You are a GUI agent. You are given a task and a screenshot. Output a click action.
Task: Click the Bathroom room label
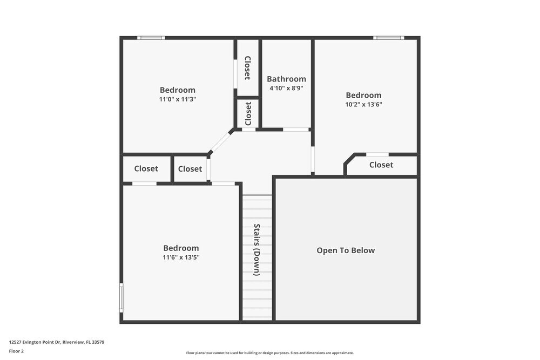pyautogui.click(x=286, y=79)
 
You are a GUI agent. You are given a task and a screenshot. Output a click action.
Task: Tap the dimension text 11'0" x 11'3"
pyautogui.click(x=178, y=99)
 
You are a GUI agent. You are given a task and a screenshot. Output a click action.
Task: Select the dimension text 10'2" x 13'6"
pyautogui.click(x=363, y=104)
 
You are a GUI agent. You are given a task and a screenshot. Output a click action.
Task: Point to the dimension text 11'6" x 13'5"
pyautogui.click(x=181, y=257)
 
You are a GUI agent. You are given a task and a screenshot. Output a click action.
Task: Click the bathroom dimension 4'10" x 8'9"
pyautogui.click(x=286, y=88)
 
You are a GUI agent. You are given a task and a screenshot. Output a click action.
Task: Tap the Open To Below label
pyautogui.click(x=346, y=250)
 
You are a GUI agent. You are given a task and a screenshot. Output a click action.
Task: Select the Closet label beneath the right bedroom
pyautogui.click(x=381, y=165)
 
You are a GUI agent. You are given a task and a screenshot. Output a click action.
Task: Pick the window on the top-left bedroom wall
pyautogui.click(x=151, y=38)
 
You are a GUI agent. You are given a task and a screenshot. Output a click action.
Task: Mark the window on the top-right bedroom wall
pyautogui.click(x=388, y=38)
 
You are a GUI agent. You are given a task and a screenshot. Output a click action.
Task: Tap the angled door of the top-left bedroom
pyautogui.click(x=219, y=142)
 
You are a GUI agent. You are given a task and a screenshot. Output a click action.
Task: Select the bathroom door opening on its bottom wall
pyautogui.click(x=296, y=130)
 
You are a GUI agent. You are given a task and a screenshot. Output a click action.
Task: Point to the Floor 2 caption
pyautogui.click(x=16, y=351)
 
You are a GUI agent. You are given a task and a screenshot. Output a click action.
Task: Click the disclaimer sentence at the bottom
pyautogui.click(x=270, y=352)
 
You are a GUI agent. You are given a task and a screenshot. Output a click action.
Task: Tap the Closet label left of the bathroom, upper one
pyautogui.click(x=247, y=68)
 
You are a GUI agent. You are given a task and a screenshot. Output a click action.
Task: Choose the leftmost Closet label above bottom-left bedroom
pyautogui.click(x=146, y=168)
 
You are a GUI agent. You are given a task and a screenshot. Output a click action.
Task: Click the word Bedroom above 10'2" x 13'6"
pyautogui.click(x=363, y=95)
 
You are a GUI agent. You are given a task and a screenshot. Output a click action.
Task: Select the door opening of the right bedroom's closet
pyautogui.click(x=377, y=154)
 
